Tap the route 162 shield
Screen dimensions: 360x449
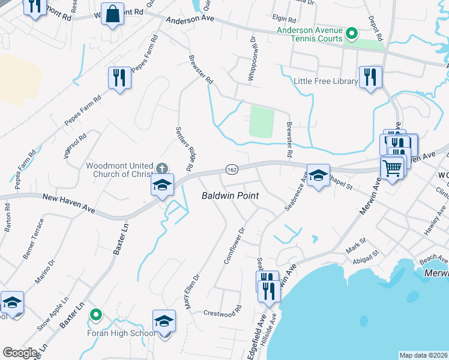pos(232,170)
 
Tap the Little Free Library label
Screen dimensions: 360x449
pos(325,81)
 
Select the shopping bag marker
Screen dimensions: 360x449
pos(112,13)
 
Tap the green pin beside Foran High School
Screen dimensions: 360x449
pos(95,314)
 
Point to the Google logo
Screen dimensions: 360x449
pos(19,353)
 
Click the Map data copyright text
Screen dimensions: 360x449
pos(423,355)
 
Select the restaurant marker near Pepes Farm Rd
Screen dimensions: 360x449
pos(119,77)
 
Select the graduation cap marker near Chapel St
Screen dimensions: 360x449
pos(318,175)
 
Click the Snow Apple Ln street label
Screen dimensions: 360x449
pos(53,316)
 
